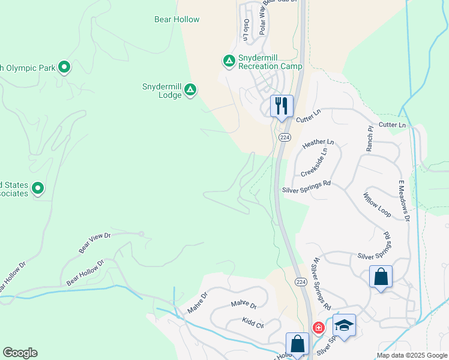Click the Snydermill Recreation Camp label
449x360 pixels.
[270, 62]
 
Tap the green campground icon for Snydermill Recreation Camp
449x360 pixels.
[229, 61]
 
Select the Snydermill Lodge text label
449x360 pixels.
[161, 91]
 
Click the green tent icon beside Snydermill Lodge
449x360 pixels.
[190, 90]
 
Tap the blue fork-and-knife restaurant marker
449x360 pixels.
[282, 106]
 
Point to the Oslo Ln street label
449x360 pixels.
[246, 30]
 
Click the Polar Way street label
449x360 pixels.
[262, 21]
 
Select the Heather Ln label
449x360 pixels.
[318, 144]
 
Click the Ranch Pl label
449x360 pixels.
[370, 138]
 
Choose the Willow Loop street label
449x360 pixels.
[377, 205]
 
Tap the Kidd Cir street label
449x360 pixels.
[253, 323]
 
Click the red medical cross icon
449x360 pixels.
[318, 328]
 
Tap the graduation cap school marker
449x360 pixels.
[344, 325]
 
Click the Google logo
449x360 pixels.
[20, 353]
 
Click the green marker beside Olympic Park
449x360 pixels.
[64, 67]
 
